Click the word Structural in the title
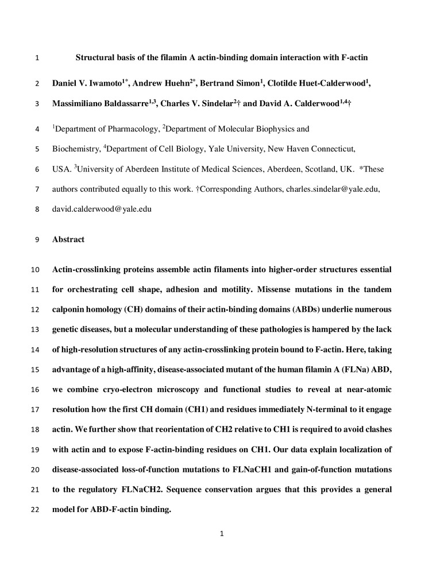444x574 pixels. coord(95,57)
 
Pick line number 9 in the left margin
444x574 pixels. coord(37,239)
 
